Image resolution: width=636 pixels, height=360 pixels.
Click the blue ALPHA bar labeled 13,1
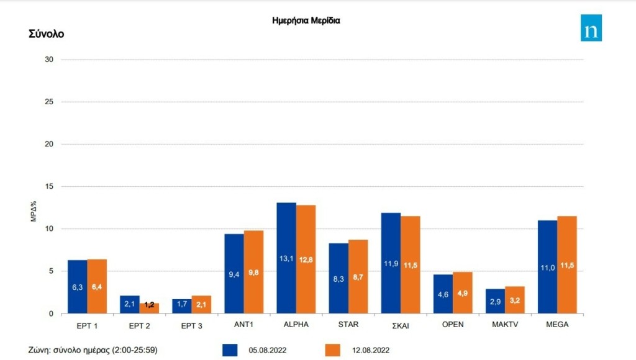286,258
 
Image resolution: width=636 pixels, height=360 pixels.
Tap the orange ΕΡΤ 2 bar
149,308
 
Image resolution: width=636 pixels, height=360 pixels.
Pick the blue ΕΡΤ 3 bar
182,306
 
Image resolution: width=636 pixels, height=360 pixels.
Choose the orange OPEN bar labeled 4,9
463,292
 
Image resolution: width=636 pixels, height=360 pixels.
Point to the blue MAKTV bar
495,301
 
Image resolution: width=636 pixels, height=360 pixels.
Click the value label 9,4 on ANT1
234,274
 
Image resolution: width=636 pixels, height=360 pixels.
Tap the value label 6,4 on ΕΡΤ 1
97,286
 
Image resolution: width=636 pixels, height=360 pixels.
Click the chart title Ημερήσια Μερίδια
306,20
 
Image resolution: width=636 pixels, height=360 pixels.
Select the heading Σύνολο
46,34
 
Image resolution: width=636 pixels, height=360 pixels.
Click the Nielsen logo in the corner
591,28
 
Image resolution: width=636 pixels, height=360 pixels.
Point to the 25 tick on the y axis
50,102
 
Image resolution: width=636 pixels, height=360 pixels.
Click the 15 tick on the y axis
50,186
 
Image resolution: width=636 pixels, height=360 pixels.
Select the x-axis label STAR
348,325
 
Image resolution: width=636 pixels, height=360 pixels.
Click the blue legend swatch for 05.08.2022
231,350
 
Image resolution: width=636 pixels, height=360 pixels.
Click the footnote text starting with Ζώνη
93,350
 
